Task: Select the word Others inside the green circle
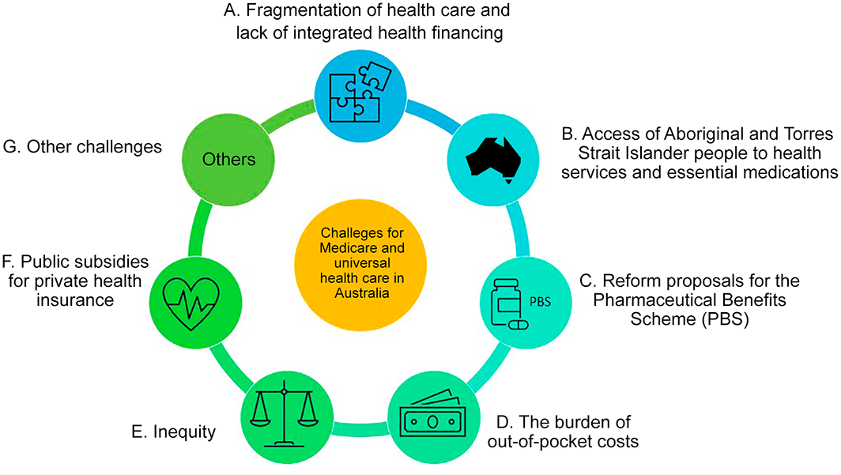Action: click(x=228, y=160)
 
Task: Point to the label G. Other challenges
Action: click(x=82, y=146)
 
